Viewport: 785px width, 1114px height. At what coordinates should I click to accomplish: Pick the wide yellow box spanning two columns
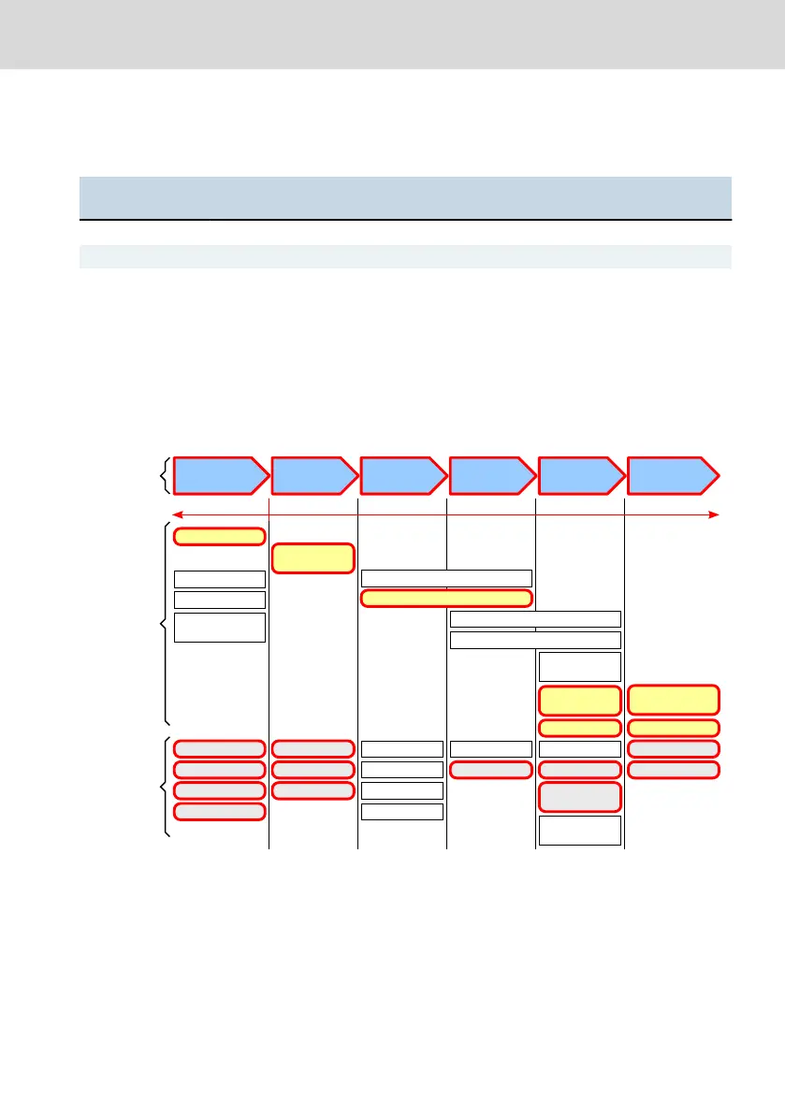click(446, 599)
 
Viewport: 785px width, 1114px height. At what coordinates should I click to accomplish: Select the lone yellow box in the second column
click(313, 557)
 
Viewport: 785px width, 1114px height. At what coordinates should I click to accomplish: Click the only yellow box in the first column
click(220, 536)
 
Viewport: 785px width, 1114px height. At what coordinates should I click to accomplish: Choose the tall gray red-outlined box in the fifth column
click(579, 797)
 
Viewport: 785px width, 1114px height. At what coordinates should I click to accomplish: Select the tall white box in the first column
click(220, 628)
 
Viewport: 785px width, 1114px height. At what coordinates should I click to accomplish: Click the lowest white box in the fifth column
click(579, 831)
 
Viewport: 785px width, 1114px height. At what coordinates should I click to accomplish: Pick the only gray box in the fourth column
click(491, 770)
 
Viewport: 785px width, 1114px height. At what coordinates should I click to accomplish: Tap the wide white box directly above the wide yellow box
click(446, 578)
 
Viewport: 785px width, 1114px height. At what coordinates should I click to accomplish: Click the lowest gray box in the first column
click(220, 812)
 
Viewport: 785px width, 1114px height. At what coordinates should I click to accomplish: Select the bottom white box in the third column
click(402, 811)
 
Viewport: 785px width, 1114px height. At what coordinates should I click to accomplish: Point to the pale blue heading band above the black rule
click(404, 196)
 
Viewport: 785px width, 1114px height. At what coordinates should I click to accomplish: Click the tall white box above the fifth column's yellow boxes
click(579, 667)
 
